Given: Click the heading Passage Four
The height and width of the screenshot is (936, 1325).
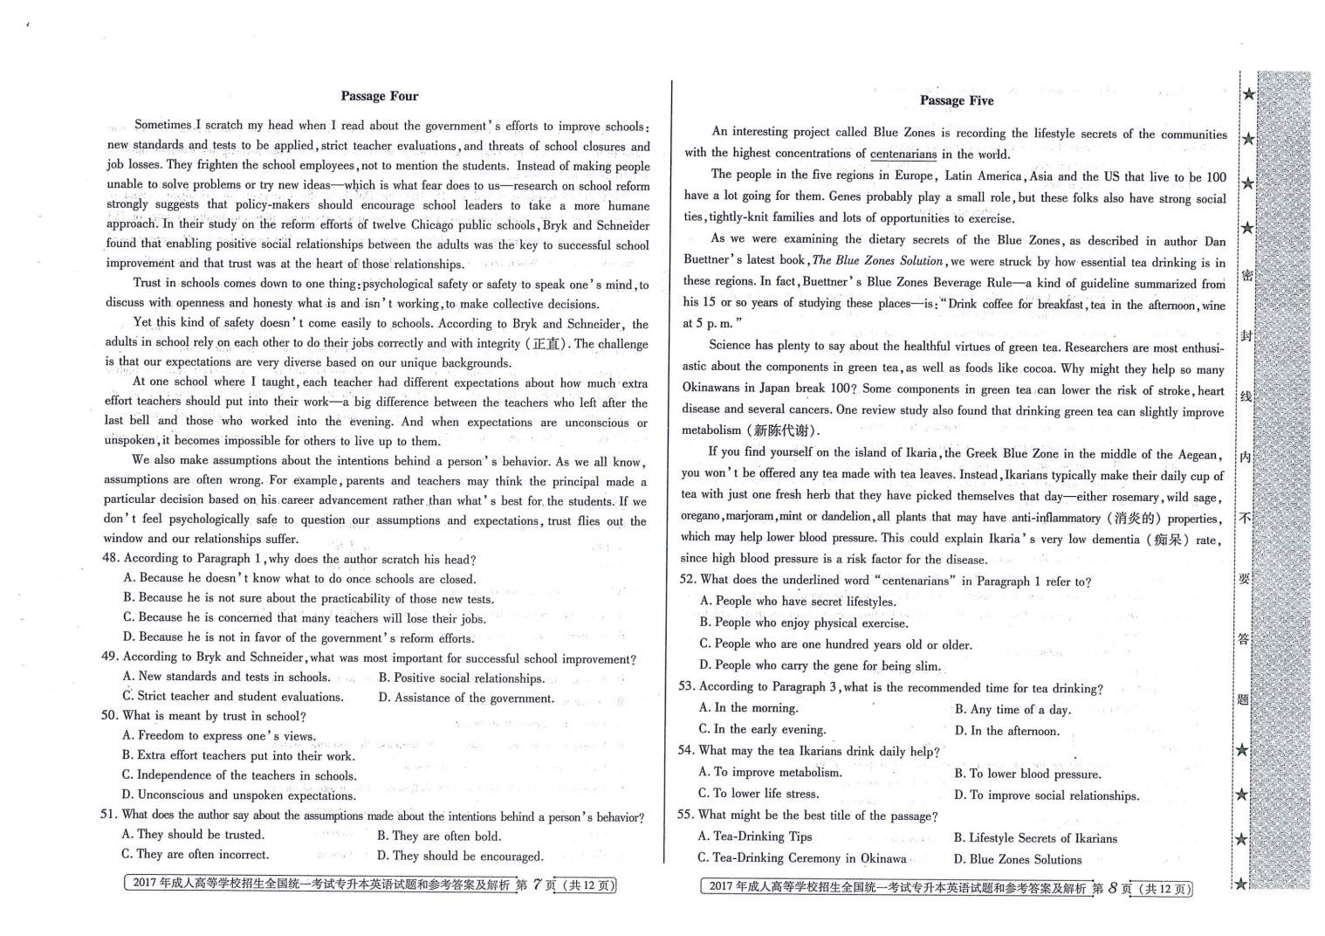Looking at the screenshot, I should click(x=379, y=96).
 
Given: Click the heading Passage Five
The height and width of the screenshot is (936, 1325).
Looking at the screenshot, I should click(x=956, y=100).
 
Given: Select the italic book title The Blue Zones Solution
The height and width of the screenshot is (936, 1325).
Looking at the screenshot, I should click(x=877, y=261).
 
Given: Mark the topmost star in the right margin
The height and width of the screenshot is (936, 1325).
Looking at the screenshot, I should click(x=1249, y=94).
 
